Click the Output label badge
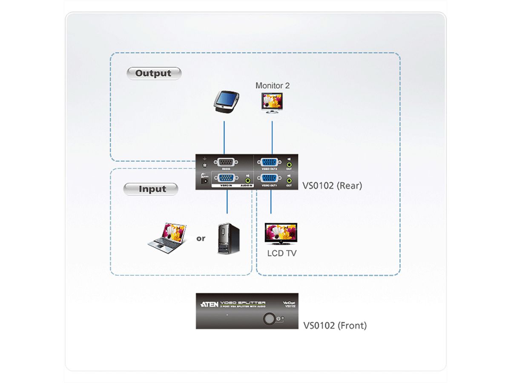coord(154,73)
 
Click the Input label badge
coord(151,189)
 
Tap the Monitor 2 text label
coord(273,86)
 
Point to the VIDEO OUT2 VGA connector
coord(270,162)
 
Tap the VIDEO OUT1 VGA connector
coord(270,179)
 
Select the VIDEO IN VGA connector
coord(227,179)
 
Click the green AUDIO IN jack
coord(248,180)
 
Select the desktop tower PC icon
coord(229,239)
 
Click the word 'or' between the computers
coord(201,238)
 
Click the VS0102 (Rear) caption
coord(332,186)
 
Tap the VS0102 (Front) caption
coord(335,326)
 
